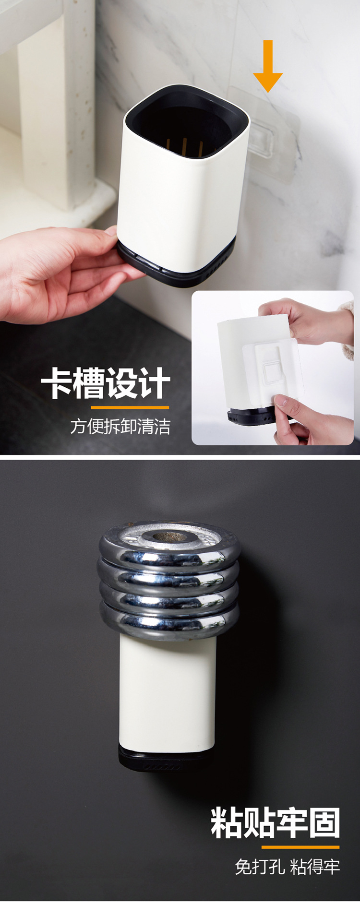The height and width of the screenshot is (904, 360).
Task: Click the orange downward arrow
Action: [x=268, y=66]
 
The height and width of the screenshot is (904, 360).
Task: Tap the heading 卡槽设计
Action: [x=106, y=383]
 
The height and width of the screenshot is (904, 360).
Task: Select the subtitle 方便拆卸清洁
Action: [x=120, y=427]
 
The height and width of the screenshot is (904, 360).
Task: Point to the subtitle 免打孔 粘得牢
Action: [x=287, y=867]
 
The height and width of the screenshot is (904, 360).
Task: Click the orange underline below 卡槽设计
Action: [x=130, y=407]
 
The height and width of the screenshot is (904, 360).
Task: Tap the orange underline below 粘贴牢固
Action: [x=301, y=847]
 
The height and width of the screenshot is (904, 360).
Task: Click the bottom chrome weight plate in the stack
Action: [x=169, y=621]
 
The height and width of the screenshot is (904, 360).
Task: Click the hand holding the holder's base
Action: [x=62, y=274]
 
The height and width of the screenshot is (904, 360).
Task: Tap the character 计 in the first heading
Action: [x=154, y=383]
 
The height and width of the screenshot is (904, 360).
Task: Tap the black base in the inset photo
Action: [x=252, y=416]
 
